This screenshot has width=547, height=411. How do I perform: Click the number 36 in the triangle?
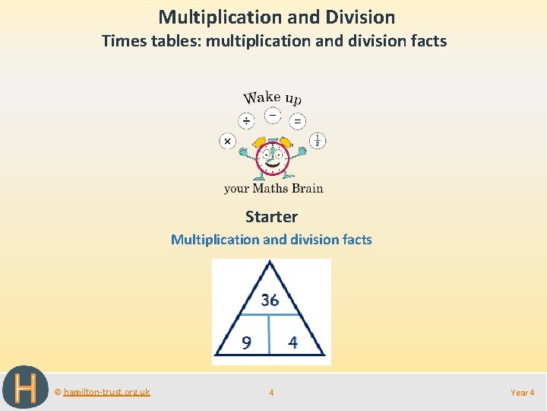click(270, 300)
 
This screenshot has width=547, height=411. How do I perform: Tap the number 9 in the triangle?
click(246, 343)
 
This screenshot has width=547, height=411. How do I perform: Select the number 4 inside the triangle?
click(293, 342)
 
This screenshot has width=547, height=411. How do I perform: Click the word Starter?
click(271, 217)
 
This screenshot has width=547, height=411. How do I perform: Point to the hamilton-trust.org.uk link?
click(106, 392)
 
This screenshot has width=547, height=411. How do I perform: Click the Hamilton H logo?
click(25, 388)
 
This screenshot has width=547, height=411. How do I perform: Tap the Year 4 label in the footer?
click(523, 393)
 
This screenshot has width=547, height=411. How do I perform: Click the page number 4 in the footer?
click(271, 393)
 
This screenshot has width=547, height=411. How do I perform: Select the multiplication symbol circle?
click(227, 141)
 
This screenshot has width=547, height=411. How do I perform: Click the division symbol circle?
click(246, 121)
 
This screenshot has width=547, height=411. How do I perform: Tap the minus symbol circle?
click(273, 116)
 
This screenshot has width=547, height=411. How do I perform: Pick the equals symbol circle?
click(298, 121)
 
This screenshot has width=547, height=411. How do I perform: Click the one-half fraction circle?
click(318, 141)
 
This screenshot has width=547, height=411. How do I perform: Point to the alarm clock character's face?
click(271, 158)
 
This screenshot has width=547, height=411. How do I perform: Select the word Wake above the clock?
click(261, 97)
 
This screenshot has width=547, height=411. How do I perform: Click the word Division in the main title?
click(359, 17)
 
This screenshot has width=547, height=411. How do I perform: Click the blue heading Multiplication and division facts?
click(271, 240)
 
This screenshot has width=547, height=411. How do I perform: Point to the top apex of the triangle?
click(270, 262)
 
